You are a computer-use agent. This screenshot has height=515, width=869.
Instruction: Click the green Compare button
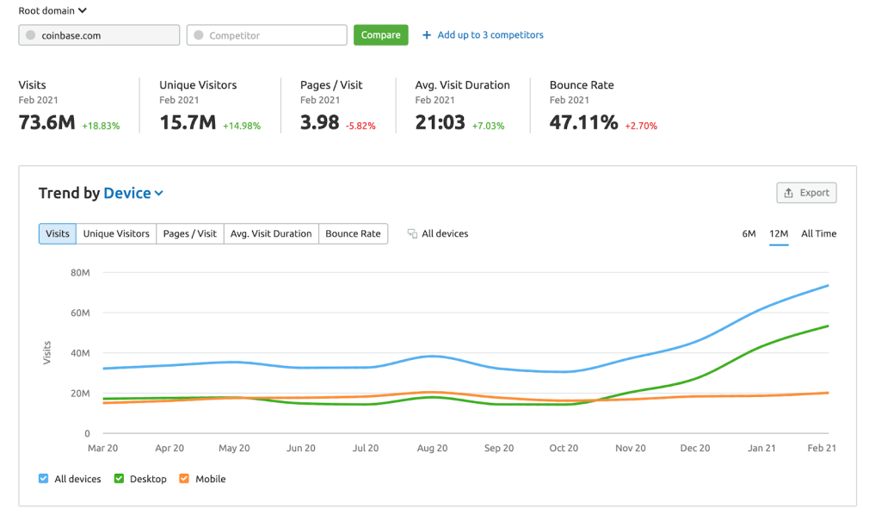380,35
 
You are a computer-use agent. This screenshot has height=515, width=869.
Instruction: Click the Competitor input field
267,35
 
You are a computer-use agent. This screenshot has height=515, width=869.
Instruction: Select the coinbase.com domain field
99,35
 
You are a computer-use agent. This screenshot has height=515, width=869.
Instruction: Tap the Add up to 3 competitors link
483,35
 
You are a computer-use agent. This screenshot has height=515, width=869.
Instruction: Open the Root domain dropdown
52,11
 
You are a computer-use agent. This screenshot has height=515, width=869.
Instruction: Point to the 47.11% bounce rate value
584,123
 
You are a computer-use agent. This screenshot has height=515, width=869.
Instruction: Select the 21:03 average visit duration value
440,123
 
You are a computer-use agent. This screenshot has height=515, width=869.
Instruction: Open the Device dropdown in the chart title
133,193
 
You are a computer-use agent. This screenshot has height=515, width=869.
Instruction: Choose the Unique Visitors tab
116,233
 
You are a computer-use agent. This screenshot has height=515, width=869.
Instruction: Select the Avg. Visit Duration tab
271,233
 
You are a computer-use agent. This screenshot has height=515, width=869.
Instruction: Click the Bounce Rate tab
353,233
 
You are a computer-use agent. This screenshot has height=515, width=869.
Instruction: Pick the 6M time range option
749,233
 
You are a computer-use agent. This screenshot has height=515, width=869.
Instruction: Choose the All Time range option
818,233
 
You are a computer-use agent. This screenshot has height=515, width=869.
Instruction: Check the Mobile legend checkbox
184,479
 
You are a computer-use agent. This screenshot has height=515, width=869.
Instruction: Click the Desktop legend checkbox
120,479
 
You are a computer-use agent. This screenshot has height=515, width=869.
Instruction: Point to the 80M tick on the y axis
80,273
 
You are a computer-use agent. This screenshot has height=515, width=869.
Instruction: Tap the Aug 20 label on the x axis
432,449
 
